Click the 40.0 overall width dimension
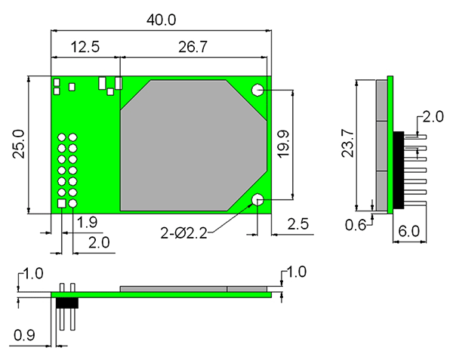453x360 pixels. coord(161,20)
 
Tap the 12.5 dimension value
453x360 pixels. coord(85,47)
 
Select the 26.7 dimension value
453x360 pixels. coord(193,47)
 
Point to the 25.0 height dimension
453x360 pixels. coord(19,143)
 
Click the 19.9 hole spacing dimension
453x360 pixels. coord(284,144)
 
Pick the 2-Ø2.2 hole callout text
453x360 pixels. coord(184,233)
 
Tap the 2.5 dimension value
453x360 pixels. coord(298,224)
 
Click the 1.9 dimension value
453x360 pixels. coord(87,223)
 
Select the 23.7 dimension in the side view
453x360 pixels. coord(347,143)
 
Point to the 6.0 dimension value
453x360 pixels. coord(409,231)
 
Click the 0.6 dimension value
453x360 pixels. coord(356,225)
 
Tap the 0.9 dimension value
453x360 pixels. coord(24,335)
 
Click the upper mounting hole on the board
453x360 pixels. coord(257,90)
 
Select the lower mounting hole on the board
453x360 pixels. coord(257,199)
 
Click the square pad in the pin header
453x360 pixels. coord(62,204)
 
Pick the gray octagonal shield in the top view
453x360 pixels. coord(193,146)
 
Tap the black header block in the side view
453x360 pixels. coord(399,170)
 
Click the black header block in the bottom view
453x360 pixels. coord(67,303)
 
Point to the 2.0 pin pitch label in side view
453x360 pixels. coord(433,117)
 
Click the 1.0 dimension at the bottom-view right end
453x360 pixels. coord(296,272)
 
